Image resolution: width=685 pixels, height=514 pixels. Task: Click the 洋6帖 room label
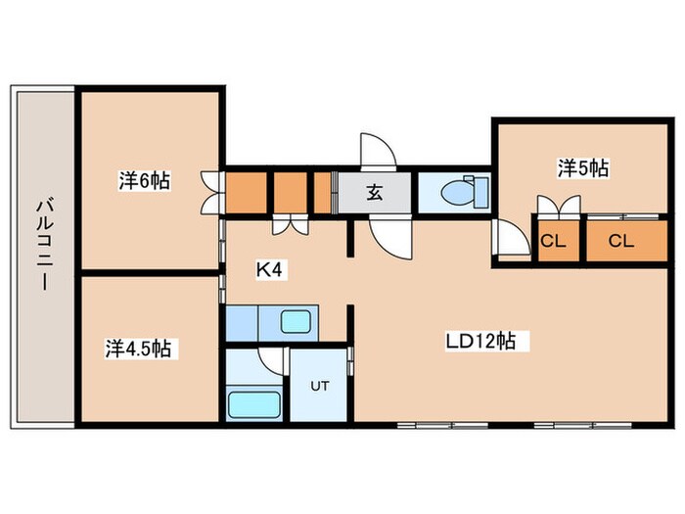click(144, 180)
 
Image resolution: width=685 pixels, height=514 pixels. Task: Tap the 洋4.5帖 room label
click(138, 349)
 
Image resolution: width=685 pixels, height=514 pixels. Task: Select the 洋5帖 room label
click(583, 167)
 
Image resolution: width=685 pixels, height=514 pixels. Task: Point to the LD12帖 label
click(480, 341)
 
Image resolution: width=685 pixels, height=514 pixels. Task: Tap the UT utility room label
click(320, 386)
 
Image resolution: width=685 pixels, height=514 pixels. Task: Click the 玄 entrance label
click(375, 192)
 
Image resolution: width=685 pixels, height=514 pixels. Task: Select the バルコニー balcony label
click(45, 245)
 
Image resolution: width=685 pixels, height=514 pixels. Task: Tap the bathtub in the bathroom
click(253, 404)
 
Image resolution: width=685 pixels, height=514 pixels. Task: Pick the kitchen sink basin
click(296, 322)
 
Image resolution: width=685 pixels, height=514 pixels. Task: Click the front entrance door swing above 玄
click(378, 150)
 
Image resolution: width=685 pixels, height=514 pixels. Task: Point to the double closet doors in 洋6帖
click(212, 193)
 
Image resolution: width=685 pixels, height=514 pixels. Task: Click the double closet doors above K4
click(291, 224)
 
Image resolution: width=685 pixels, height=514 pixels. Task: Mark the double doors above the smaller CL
click(559, 207)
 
